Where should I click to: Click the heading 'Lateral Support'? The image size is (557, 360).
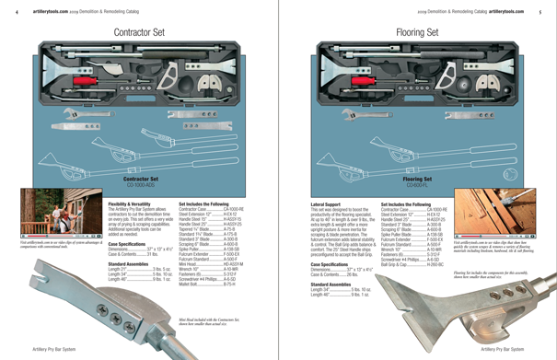click(x=329, y=203)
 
